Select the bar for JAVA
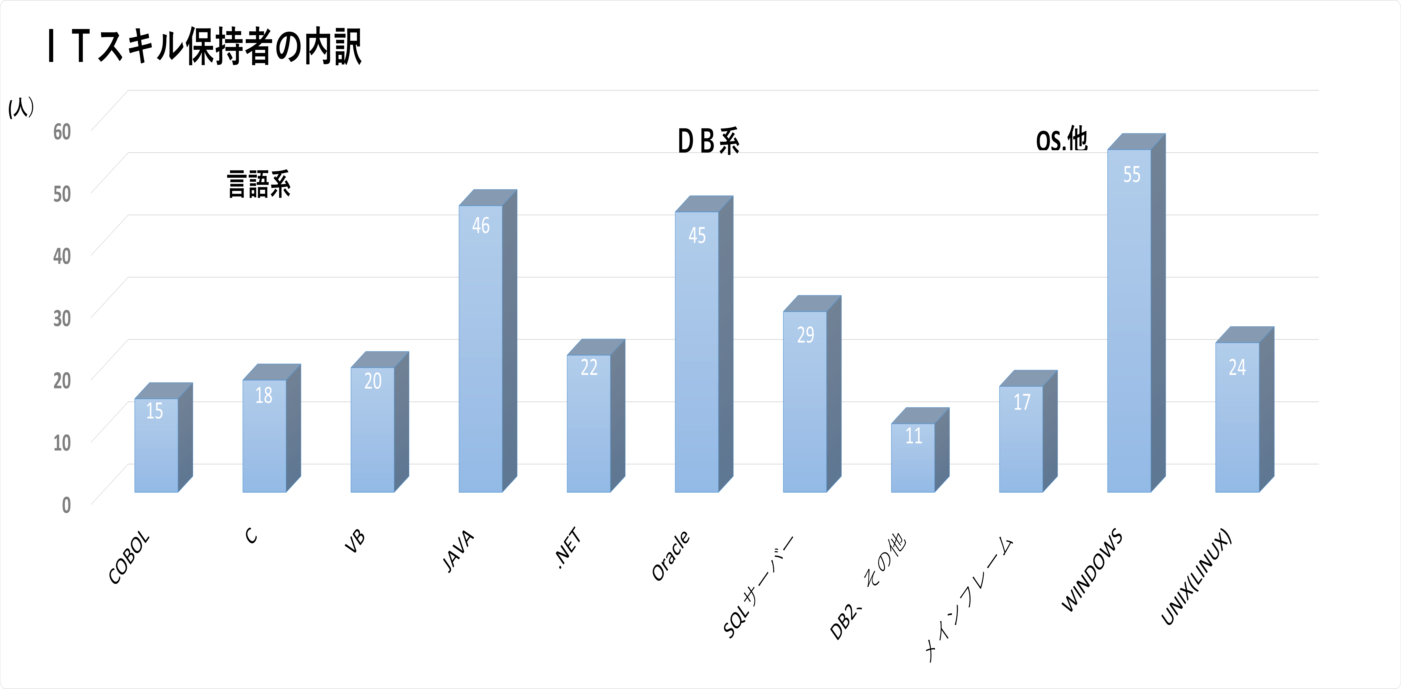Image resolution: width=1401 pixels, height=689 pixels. click(x=487, y=341)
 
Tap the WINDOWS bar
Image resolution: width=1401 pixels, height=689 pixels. click(x=1136, y=313)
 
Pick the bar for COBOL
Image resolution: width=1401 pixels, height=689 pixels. click(x=163, y=437)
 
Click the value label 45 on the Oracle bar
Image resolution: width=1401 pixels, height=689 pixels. click(x=697, y=235)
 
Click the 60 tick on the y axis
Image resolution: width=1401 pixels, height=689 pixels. click(x=62, y=132)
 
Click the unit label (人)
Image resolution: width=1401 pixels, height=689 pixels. click(x=21, y=107)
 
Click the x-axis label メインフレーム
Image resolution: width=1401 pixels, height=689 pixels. click(x=968, y=599)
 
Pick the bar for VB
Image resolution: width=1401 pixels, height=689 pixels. click(x=380, y=422)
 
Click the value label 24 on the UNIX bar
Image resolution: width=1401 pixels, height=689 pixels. click(x=1237, y=367)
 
